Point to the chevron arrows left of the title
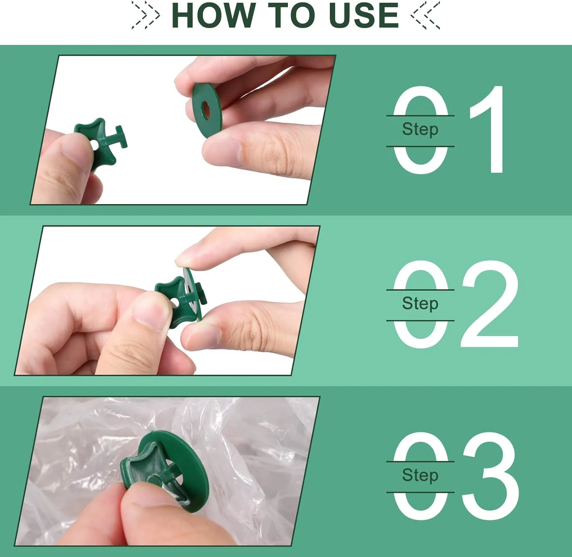click(x=145, y=15)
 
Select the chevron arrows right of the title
click(x=425, y=15)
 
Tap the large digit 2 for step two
click(x=490, y=304)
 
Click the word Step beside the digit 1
click(x=420, y=130)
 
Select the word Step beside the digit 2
click(x=420, y=304)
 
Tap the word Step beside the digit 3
click(x=420, y=476)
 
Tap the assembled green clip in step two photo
click(x=181, y=298)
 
